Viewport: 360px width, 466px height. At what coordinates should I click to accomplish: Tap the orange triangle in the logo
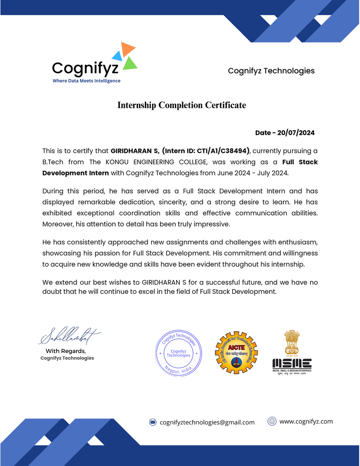coord(127,49)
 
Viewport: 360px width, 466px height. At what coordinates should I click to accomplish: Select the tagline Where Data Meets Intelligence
coord(87,81)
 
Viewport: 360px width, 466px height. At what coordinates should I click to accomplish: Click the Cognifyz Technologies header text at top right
coord(271,71)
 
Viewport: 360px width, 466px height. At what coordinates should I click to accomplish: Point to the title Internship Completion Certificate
coord(182,105)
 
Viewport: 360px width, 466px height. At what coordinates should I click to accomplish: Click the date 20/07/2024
coord(296,133)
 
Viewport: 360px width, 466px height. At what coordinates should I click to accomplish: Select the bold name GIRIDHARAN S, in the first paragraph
coord(135,151)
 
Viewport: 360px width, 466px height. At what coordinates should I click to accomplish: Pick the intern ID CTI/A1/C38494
coord(223,151)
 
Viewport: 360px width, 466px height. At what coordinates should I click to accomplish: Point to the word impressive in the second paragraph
coord(211,224)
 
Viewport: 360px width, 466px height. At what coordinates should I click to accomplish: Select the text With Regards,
coord(66,351)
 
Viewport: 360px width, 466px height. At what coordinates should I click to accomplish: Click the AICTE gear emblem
coord(236,353)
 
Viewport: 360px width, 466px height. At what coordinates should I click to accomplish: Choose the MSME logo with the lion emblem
coord(292,353)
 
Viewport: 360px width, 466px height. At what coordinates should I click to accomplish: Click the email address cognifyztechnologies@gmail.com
coord(207,422)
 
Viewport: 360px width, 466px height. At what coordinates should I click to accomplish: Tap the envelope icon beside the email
coord(153,422)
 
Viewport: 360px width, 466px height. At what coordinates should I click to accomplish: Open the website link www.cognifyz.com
coord(306,421)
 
